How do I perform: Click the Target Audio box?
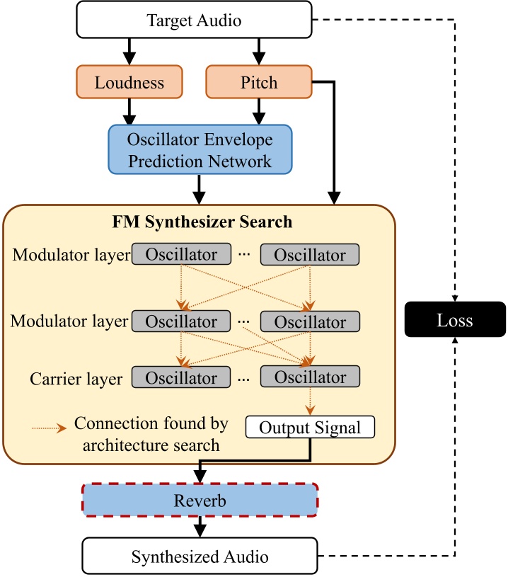coord(194,21)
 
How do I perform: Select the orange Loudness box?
coord(129,82)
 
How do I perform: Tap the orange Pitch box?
coord(259,82)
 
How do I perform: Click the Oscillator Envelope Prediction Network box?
coord(200,149)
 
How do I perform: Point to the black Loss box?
coord(454,320)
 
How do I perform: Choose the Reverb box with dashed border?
coord(200,501)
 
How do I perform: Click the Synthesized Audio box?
coord(201,556)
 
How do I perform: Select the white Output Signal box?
coord(309,428)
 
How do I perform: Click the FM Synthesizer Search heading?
coord(202,222)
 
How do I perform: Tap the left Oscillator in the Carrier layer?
coord(181,377)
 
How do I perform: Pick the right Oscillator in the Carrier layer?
coord(310,377)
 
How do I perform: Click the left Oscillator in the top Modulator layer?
coord(181,254)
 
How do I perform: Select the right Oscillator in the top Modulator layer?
coord(310,254)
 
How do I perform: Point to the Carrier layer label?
coord(76,378)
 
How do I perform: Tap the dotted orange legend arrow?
coord(50,427)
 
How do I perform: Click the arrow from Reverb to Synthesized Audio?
coord(200,527)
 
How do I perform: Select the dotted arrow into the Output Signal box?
coord(310,402)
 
